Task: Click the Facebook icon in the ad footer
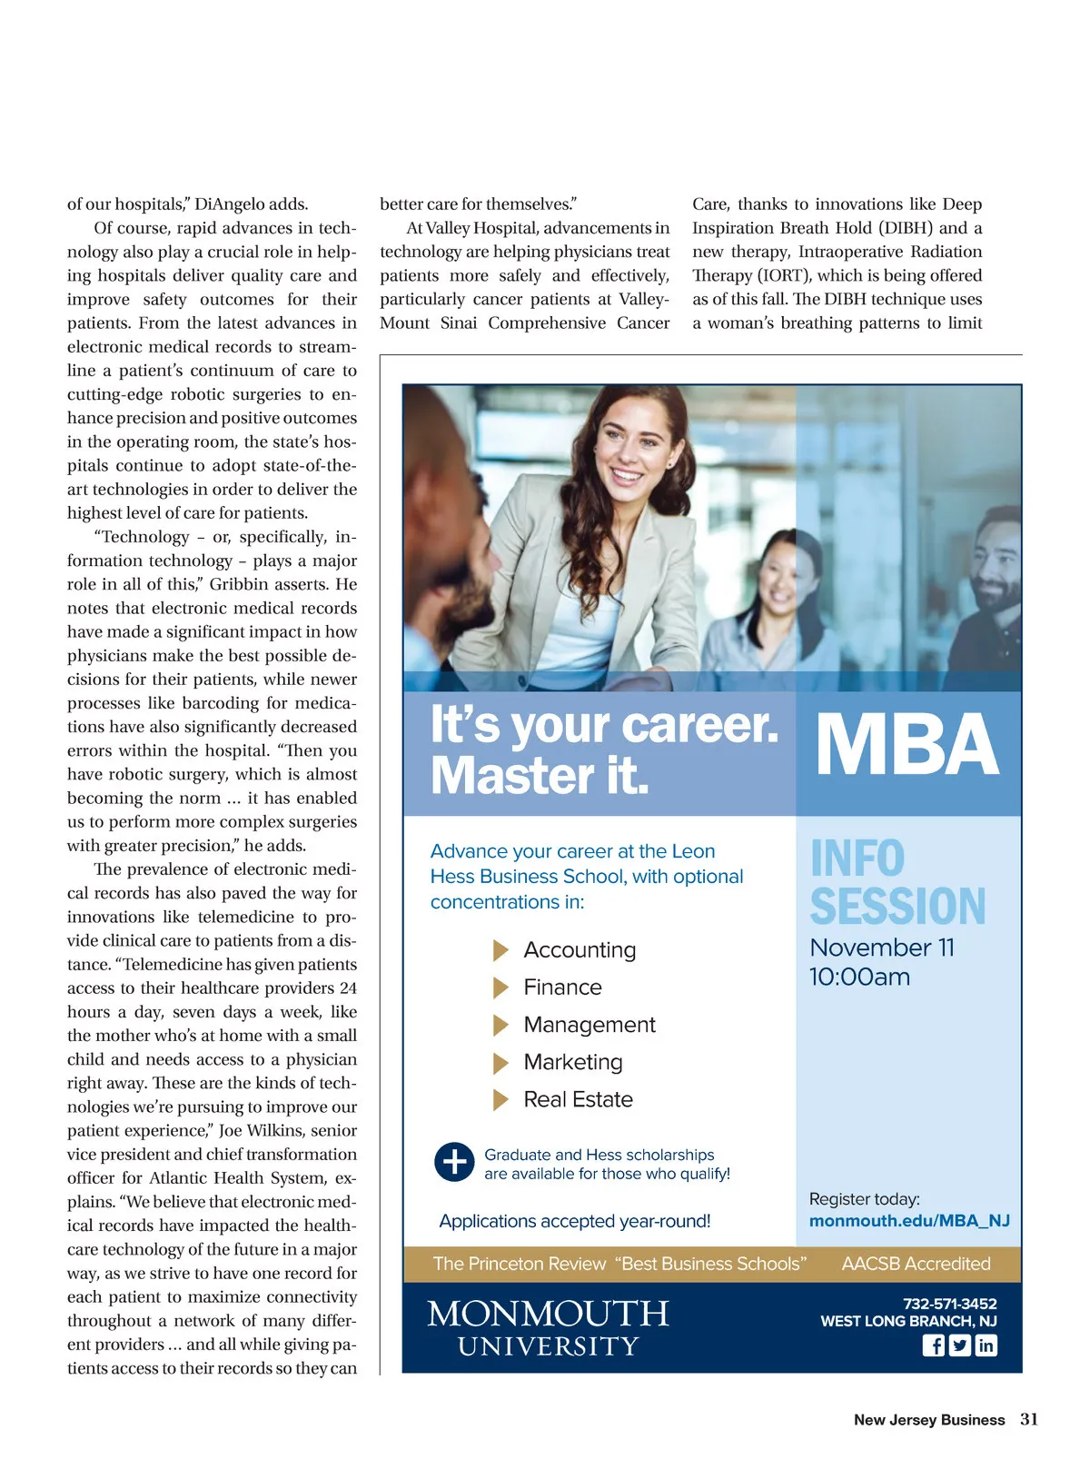click(x=933, y=1345)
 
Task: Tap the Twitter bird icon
click(x=959, y=1345)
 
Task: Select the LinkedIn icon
click(x=986, y=1345)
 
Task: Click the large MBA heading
click(x=907, y=745)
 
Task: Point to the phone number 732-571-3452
click(x=949, y=1304)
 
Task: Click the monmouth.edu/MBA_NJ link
click(x=909, y=1221)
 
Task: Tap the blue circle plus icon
click(x=454, y=1162)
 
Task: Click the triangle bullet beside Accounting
click(x=500, y=950)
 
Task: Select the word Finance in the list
click(x=562, y=988)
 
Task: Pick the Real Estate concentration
click(x=578, y=1100)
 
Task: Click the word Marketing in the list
click(x=573, y=1062)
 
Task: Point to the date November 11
click(x=882, y=948)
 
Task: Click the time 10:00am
click(x=859, y=978)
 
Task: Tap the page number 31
click(x=1029, y=1419)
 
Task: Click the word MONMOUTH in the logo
click(x=548, y=1314)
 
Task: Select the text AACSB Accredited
click(x=916, y=1264)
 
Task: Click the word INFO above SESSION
click(x=857, y=859)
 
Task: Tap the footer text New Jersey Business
click(x=928, y=1420)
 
